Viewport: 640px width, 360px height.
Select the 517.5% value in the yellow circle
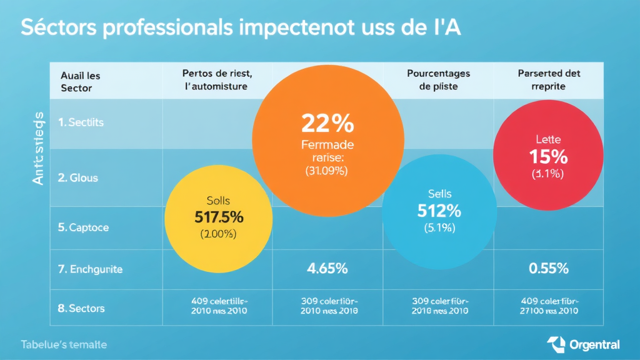[218, 217]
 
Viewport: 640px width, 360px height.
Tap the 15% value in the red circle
[548, 156]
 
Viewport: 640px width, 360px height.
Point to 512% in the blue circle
[439, 211]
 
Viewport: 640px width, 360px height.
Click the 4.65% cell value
[327, 269]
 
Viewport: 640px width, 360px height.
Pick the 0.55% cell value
[548, 269]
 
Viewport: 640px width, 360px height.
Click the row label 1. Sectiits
[81, 122]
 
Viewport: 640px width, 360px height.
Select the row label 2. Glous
[77, 177]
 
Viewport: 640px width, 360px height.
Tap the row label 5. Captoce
[83, 227]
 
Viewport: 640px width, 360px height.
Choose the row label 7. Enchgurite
[90, 269]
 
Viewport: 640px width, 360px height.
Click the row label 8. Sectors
[81, 308]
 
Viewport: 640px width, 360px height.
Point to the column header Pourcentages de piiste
[438, 80]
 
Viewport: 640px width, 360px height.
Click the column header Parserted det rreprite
[549, 80]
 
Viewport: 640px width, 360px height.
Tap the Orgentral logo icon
[556, 344]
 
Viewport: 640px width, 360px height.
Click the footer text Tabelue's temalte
[63, 344]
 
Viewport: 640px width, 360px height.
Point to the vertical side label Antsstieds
[37, 147]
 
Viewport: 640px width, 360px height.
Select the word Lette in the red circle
[548, 139]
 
